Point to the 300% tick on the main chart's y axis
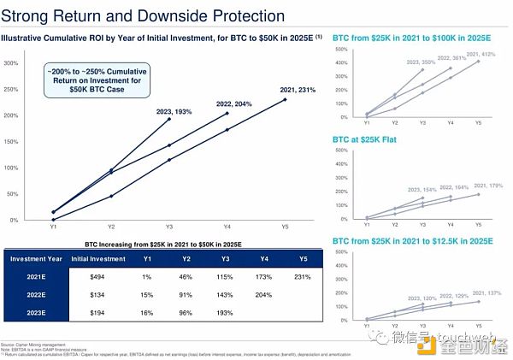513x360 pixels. tap(12, 63)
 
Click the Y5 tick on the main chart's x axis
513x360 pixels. tap(285, 227)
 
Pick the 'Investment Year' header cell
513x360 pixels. tap(36, 257)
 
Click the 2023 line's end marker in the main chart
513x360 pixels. tap(168, 119)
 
